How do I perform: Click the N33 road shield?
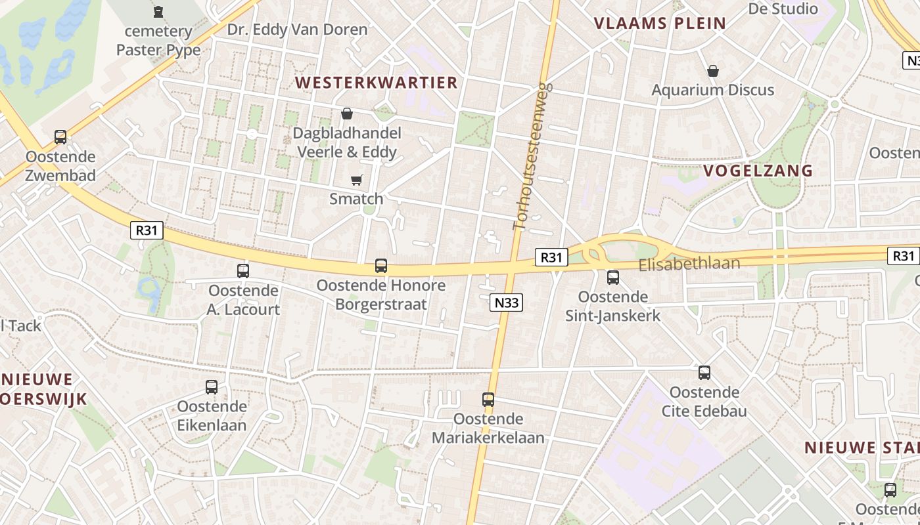(506, 303)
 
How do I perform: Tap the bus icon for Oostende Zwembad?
(60, 137)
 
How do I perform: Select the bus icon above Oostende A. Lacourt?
(243, 270)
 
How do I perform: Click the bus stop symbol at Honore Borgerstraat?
(381, 266)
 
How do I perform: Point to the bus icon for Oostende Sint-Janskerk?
(613, 277)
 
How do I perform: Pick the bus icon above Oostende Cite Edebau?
(704, 373)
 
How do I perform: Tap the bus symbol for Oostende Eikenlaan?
(212, 387)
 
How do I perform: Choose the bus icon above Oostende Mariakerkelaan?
(488, 399)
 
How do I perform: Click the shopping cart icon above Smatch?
(357, 180)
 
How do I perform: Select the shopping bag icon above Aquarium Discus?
(713, 71)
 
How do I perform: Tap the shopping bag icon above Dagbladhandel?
(346, 114)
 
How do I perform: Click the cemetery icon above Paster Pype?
(158, 12)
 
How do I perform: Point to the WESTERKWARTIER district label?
(376, 83)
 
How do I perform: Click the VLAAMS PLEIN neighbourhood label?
(660, 24)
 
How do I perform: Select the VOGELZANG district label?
(758, 171)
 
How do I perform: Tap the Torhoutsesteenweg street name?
(531, 156)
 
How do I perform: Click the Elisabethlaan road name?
(689, 264)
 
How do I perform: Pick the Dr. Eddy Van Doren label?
(297, 30)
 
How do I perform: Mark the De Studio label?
(783, 9)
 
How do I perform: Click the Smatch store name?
(356, 199)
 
